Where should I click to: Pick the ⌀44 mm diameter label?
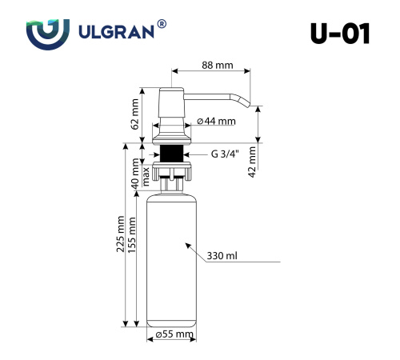tap(217, 122)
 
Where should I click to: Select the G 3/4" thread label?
tap(226, 154)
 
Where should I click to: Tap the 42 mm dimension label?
tap(253, 162)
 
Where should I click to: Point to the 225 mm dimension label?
tap(121, 236)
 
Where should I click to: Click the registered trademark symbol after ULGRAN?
tap(162, 26)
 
